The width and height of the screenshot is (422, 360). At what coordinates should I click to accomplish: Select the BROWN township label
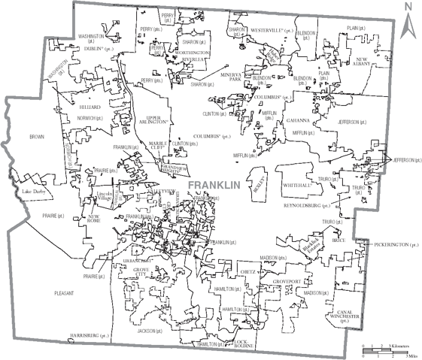pos(37,138)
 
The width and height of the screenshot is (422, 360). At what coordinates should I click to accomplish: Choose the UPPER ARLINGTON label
pos(153,121)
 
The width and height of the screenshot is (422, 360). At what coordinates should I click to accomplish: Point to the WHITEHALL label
pos(298,184)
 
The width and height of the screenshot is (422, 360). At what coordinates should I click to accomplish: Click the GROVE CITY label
pos(140,271)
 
